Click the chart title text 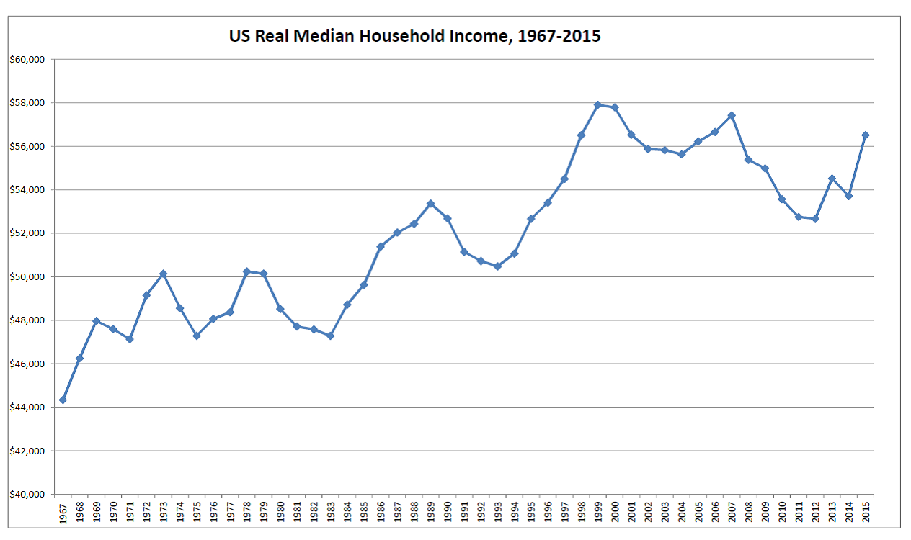click(414, 35)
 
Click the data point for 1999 click(597, 104)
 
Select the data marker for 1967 click(63, 400)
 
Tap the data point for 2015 click(866, 135)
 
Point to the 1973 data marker click(163, 274)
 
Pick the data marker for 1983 click(330, 336)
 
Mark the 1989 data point click(430, 204)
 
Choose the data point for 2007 click(732, 115)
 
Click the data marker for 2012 click(815, 219)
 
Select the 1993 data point click(497, 266)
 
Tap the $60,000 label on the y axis click(27, 60)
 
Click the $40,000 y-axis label click(27, 495)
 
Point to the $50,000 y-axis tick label click(27, 277)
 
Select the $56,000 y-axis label click(27, 147)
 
